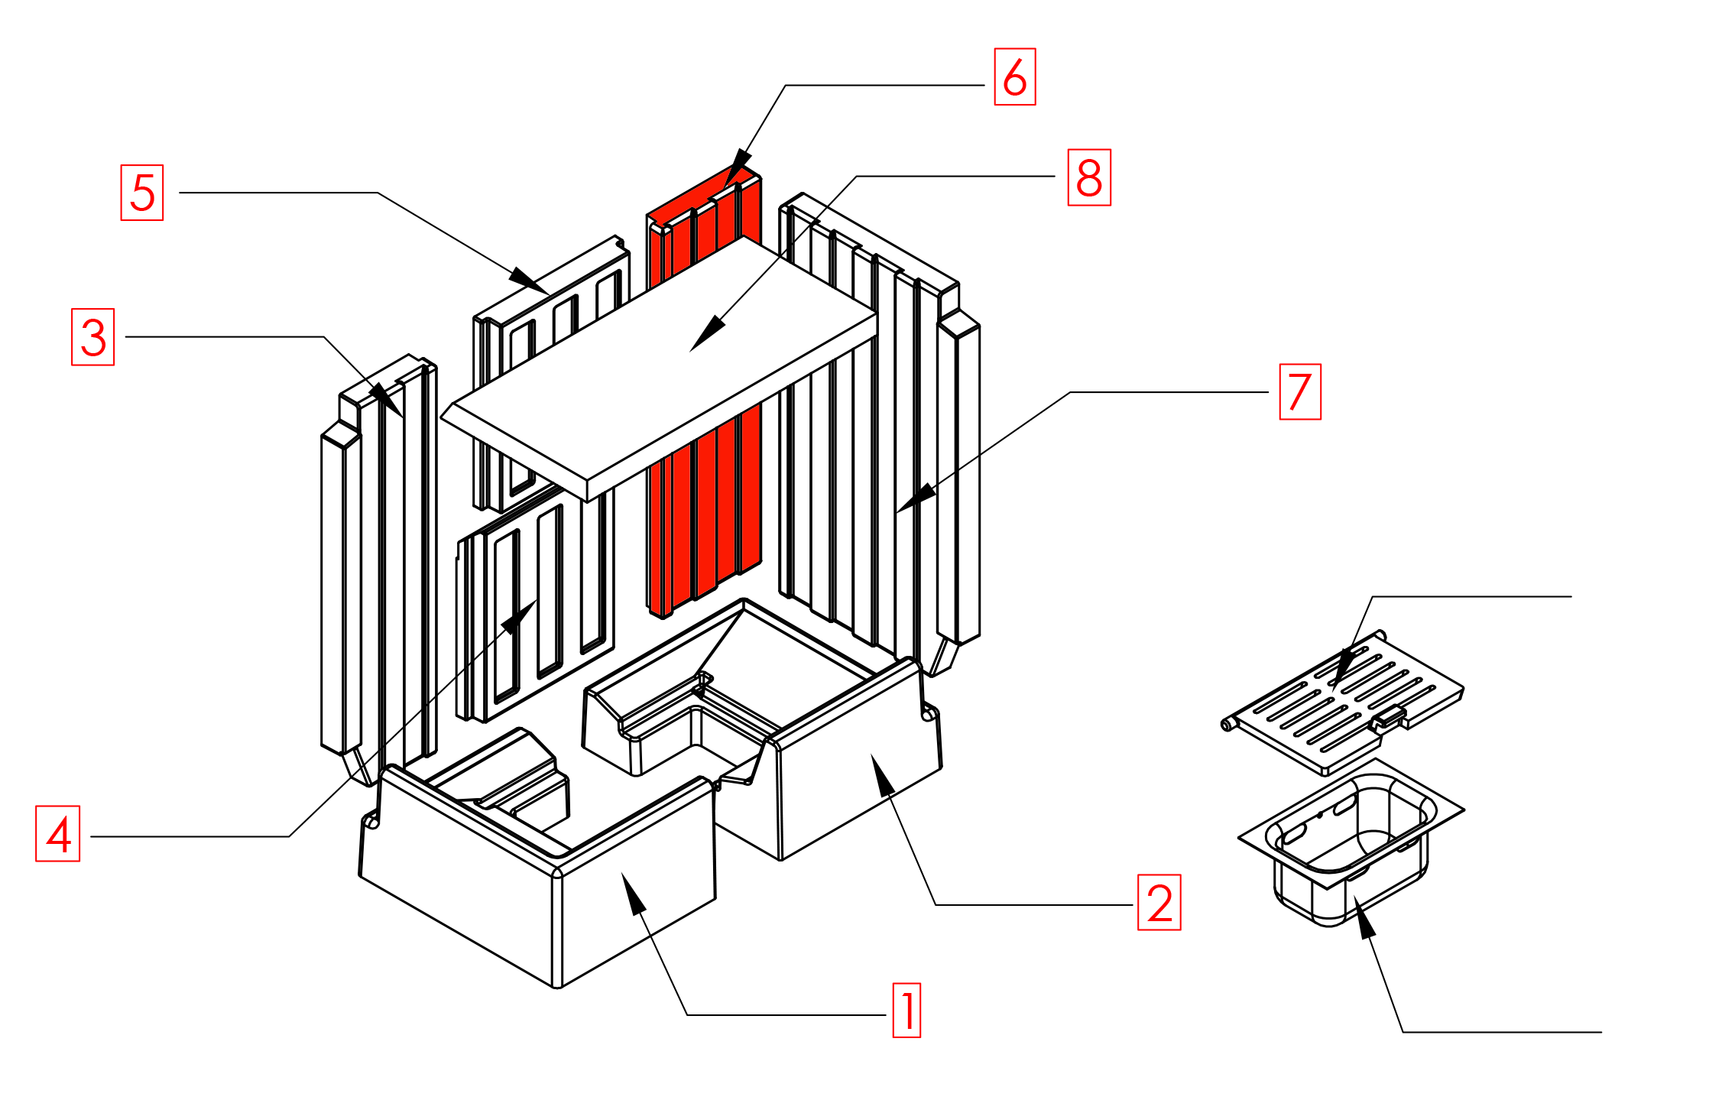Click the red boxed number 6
tap(1014, 76)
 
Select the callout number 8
tap(1089, 177)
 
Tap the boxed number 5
tap(142, 193)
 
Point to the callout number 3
tap(93, 337)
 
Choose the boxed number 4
tap(58, 834)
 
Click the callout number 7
tap(1300, 392)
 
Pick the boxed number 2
tap(1159, 903)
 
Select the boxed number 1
tap(907, 1011)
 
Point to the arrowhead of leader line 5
tap(530, 281)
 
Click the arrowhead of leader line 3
tap(387, 399)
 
